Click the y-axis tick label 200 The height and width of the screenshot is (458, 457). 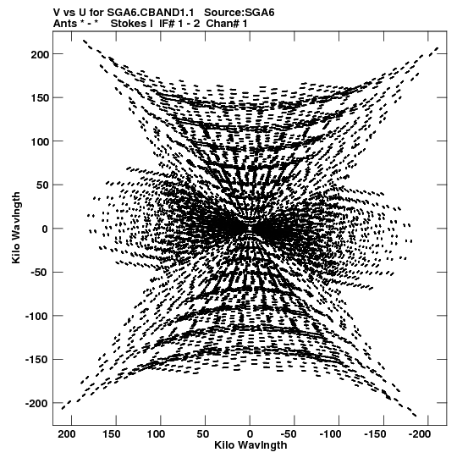[40, 54]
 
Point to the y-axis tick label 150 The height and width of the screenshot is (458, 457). [40, 98]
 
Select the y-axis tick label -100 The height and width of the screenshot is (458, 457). [36, 316]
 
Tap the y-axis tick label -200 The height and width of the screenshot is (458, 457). [36, 403]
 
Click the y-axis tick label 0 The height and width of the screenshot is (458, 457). [45, 229]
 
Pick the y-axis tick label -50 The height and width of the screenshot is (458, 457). [40, 273]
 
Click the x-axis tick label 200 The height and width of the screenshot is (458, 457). [67, 434]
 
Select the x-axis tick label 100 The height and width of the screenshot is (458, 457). [156, 434]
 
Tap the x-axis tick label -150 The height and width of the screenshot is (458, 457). [375, 434]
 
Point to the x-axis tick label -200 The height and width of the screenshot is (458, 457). [420, 434]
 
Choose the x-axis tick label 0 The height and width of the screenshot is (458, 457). [250, 434]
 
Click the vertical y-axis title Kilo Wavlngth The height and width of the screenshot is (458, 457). [16, 228]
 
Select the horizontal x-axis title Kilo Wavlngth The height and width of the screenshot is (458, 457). [251, 445]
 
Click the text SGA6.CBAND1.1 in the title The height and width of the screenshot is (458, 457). [151, 13]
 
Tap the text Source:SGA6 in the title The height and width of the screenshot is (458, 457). [240, 13]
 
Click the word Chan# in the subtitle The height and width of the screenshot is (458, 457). [223, 24]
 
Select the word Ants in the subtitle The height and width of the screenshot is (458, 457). [65, 24]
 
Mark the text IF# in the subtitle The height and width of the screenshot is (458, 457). [167, 24]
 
